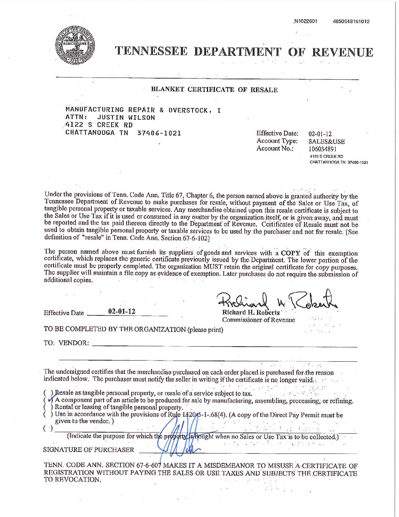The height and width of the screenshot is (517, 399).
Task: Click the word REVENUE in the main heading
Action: [342, 52]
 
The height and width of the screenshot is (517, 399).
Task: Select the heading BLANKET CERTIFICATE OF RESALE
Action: [214, 90]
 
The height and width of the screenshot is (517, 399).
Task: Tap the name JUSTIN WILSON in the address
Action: [126, 117]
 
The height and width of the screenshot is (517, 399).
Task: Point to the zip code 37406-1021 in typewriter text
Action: [159, 133]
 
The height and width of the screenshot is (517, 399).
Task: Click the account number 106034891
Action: [322, 149]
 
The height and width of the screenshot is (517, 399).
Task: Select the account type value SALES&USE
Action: [326, 141]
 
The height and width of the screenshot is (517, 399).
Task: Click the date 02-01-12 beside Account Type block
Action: [320, 134]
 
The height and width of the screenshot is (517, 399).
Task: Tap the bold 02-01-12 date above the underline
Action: [122, 311]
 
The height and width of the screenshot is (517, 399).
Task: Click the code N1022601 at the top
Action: [305, 21]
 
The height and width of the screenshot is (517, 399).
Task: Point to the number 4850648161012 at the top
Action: [351, 21]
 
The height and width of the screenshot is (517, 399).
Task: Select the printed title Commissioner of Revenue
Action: [258, 320]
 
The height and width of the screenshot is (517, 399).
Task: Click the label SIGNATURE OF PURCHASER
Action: [88, 450]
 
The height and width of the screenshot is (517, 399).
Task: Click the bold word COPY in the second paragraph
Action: [290, 253]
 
